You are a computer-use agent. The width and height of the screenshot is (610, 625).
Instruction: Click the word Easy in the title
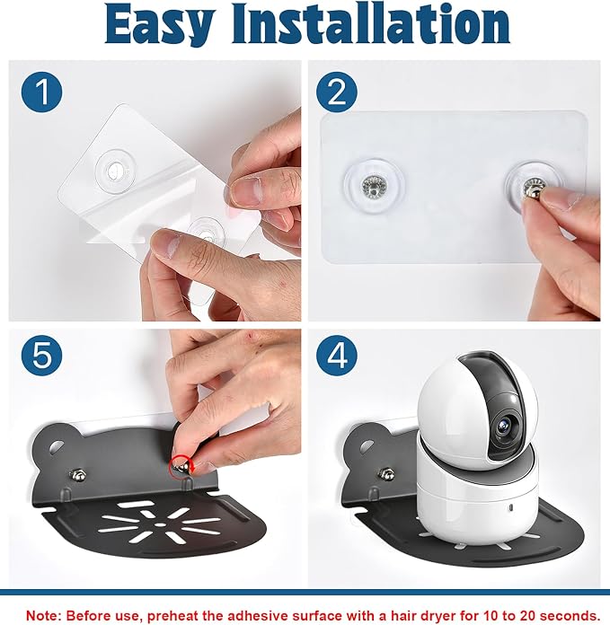pyautogui.click(x=159, y=25)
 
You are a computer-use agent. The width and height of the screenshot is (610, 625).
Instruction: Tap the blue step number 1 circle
pyautogui.click(x=42, y=92)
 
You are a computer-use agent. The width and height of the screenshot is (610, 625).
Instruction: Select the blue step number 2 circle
pyautogui.click(x=337, y=92)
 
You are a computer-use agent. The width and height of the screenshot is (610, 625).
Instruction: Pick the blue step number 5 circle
pyautogui.click(x=42, y=355)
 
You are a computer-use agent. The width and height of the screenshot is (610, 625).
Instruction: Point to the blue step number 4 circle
pyautogui.click(x=337, y=355)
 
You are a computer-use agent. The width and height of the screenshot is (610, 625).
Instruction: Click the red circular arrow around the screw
pyautogui.click(x=181, y=466)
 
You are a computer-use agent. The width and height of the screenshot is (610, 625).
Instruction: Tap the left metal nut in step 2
pyautogui.click(x=373, y=186)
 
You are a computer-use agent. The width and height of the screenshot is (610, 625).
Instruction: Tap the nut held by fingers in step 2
pyautogui.click(x=534, y=189)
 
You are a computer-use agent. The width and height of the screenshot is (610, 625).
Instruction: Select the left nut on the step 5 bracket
pyautogui.click(x=77, y=474)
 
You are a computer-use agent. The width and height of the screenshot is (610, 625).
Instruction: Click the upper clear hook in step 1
pyautogui.click(x=115, y=171)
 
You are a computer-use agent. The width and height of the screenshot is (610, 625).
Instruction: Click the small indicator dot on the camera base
pyautogui.click(x=510, y=509)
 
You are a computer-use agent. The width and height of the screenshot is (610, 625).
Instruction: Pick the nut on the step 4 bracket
pyautogui.click(x=386, y=474)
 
